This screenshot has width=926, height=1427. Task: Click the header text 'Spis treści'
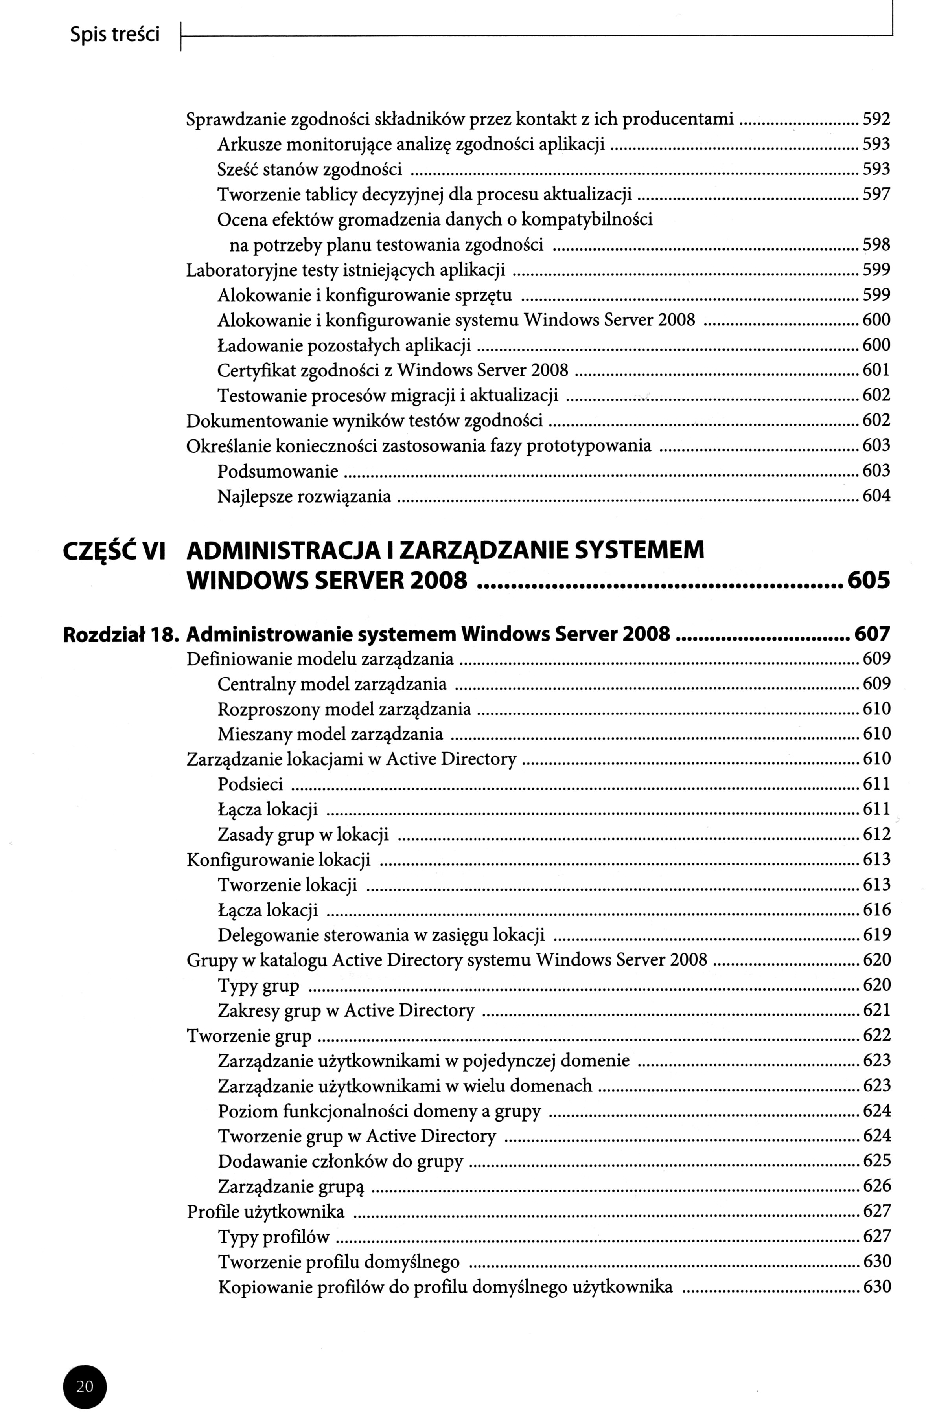click(x=114, y=35)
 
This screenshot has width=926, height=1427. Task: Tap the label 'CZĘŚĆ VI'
click(x=114, y=551)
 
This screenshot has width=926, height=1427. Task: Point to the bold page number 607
click(x=873, y=634)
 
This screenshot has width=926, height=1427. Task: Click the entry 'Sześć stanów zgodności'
click(x=309, y=170)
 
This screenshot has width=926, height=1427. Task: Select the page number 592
click(x=876, y=119)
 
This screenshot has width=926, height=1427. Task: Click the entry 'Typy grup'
click(x=258, y=986)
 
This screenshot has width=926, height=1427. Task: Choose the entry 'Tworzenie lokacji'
click(x=287, y=885)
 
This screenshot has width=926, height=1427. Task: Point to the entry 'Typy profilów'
click(x=274, y=1237)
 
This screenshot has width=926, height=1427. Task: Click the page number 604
click(x=876, y=496)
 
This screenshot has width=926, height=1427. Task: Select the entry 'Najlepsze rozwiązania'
click(x=304, y=496)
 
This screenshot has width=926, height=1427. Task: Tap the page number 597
click(x=876, y=194)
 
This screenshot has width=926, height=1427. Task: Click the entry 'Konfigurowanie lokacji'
click(x=279, y=860)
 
